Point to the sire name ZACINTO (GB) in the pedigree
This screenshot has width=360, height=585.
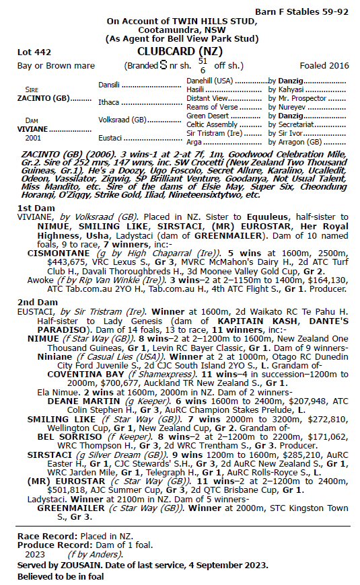(43, 97)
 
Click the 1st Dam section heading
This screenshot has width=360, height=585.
(36, 208)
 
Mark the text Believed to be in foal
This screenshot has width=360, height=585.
(63, 576)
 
